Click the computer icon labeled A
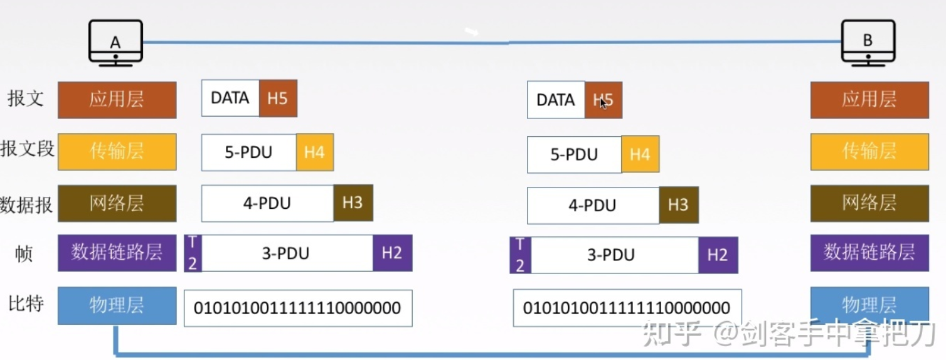click(115, 42)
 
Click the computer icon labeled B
click(868, 42)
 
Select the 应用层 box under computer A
click(117, 100)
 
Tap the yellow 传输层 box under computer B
click(869, 152)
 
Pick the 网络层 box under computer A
click(117, 203)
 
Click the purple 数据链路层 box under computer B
click(869, 253)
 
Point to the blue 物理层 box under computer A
click(117, 305)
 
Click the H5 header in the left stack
click(278, 98)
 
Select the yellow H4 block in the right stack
click(640, 154)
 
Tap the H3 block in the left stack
click(353, 203)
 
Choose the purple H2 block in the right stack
click(718, 255)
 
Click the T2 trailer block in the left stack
click(193, 253)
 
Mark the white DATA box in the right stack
click(556, 100)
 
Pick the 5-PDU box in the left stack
click(248, 152)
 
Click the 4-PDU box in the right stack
click(593, 206)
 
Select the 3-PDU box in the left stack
click(287, 253)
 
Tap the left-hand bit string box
click(297, 308)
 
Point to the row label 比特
click(26, 304)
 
